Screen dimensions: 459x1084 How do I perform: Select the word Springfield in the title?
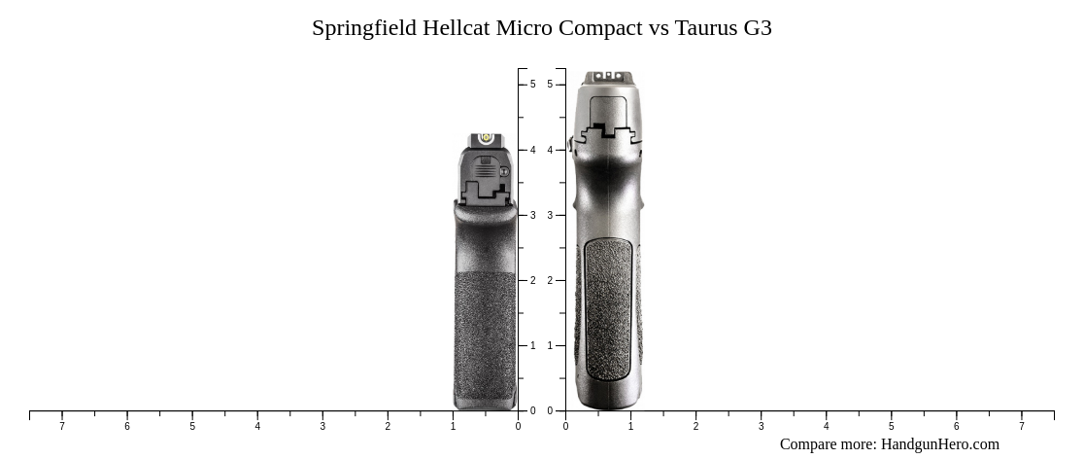point(364,28)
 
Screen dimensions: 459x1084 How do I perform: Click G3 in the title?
point(758,28)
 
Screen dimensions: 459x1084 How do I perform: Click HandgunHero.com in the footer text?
point(939,444)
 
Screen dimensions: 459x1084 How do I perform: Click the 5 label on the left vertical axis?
point(532,85)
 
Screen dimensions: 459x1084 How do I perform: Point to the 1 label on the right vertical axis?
point(550,345)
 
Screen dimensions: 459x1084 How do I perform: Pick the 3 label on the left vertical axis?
point(532,215)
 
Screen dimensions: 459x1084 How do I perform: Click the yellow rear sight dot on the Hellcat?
point(486,139)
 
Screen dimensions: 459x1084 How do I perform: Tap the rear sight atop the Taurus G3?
point(607,76)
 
